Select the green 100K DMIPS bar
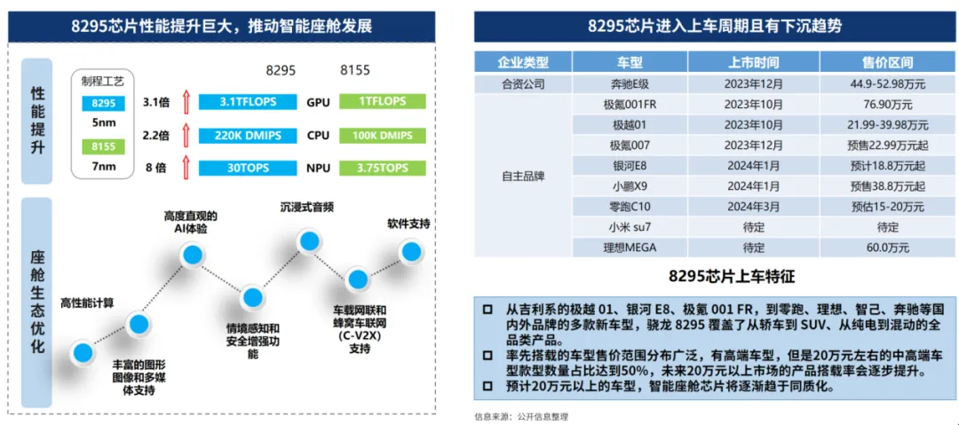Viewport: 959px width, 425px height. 383,136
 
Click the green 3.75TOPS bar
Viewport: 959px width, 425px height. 383,168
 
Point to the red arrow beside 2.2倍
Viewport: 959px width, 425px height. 186,136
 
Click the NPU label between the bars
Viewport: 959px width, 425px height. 317,168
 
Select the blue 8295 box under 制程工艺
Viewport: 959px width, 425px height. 102,103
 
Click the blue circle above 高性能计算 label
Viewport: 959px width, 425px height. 83,352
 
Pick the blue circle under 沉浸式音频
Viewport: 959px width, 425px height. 308,240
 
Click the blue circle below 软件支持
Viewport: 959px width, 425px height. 410,251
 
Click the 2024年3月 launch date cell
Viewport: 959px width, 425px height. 753,206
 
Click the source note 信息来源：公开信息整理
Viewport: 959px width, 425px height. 520,414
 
